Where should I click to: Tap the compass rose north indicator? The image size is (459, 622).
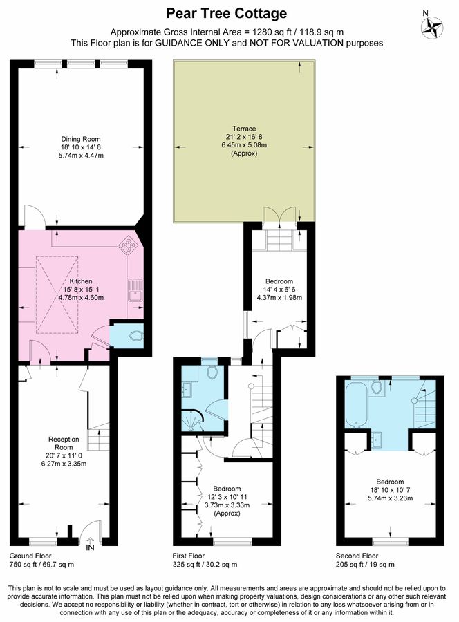click(x=433, y=28)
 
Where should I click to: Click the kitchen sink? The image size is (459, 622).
click(x=135, y=292)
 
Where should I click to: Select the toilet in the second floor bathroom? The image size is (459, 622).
click(x=377, y=387)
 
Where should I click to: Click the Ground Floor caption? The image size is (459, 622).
click(x=30, y=556)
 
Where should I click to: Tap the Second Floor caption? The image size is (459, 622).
click(x=357, y=556)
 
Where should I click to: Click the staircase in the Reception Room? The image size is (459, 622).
click(x=98, y=437)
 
